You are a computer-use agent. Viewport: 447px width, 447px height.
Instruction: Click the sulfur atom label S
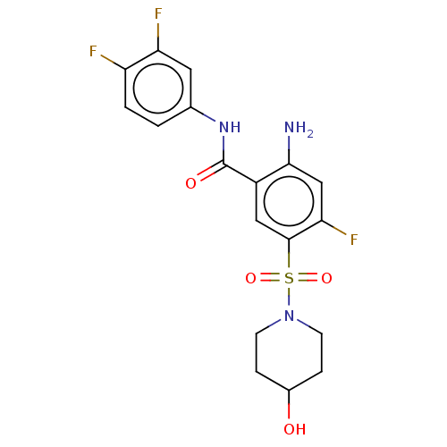pyautogui.click(x=289, y=278)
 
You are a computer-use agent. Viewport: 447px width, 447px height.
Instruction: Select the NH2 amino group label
pyautogui.click(x=299, y=129)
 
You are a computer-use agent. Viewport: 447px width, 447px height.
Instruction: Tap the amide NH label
pyautogui.click(x=230, y=128)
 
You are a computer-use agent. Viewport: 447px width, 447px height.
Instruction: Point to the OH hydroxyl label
pyautogui.click(x=295, y=429)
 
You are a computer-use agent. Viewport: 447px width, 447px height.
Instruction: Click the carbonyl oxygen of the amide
pyautogui.click(x=190, y=183)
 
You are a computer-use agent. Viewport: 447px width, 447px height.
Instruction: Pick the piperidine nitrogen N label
pyautogui.click(x=289, y=316)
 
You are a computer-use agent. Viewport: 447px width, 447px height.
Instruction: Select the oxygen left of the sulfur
pyautogui.click(x=250, y=278)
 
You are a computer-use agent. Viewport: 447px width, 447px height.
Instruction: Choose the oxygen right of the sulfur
pyautogui.click(x=326, y=278)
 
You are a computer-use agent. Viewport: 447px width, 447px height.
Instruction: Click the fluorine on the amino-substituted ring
pyautogui.click(x=354, y=240)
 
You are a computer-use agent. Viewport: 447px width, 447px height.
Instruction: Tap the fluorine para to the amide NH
pyautogui.click(x=93, y=51)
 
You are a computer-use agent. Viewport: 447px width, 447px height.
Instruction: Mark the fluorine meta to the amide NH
pyautogui.click(x=158, y=13)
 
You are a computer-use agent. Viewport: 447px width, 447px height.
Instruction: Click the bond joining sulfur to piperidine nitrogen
pyautogui.click(x=289, y=296)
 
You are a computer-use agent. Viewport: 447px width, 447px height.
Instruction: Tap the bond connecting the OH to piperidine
pyautogui.click(x=289, y=405)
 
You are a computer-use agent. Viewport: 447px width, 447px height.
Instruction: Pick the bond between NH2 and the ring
pyautogui.click(x=289, y=150)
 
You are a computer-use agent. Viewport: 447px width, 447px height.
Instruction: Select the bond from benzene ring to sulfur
pyautogui.click(x=289, y=254)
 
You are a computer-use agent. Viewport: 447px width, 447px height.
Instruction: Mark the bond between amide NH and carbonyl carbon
pyautogui.click(x=223, y=149)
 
